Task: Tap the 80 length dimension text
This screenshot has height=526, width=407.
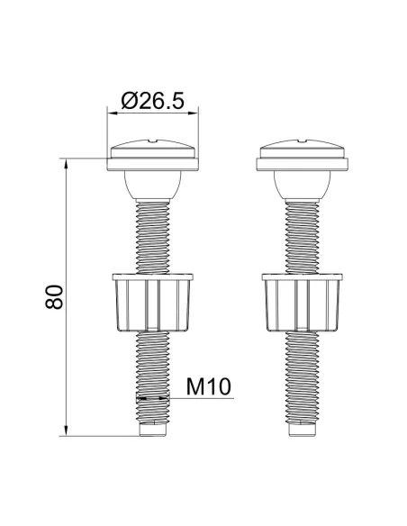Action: (54, 296)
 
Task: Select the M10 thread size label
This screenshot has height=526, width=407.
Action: (209, 386)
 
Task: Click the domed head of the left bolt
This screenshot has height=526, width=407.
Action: (152, 148)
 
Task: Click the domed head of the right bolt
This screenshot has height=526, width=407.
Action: (302, 148)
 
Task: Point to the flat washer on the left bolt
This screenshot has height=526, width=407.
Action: (153, 164)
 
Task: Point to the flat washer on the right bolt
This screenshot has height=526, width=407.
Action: (303, 164)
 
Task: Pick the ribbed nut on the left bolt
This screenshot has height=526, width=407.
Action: (153, 303)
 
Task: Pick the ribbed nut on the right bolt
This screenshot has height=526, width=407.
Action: (303, 303)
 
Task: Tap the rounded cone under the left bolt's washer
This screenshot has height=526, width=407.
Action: (153, 185)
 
